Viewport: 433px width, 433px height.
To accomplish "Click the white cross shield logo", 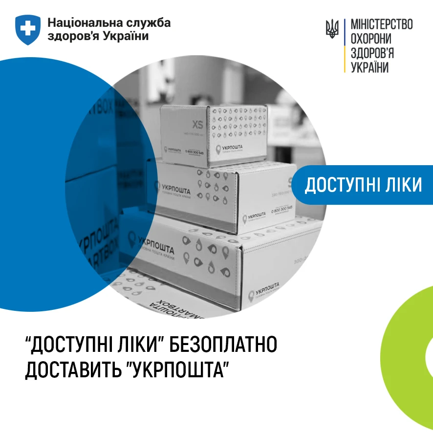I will pos(28,29).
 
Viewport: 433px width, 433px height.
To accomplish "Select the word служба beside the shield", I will pos(149,23).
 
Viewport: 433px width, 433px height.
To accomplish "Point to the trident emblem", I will pos(332,29).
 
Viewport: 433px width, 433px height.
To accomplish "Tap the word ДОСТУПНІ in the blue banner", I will pos(343,185).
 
